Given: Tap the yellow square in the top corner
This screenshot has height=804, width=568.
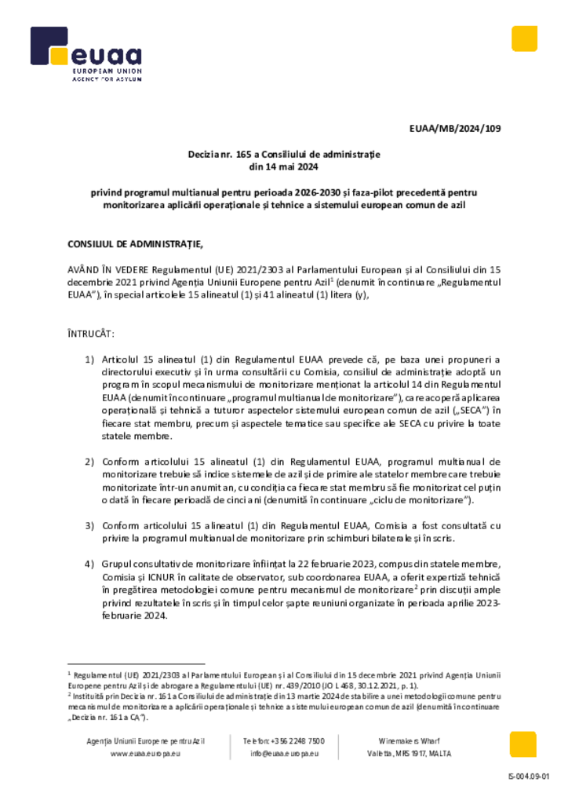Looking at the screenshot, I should [x=524, y=38].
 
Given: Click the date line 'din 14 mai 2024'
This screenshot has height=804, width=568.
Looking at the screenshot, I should [x=283, y=167].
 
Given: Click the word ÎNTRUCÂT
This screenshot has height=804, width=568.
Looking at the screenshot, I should [x=91, y=334].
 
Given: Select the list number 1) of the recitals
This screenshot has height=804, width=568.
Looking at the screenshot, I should [x=89, y=359].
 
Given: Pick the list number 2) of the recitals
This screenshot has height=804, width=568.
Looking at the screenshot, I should [x=89, y=461].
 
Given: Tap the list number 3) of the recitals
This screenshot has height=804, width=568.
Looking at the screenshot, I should [x=89, y=524].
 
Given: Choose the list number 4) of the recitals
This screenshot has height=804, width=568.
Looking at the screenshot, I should [x=89, y=564].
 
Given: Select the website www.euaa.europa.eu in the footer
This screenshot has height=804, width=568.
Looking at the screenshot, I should [x=146, y=753].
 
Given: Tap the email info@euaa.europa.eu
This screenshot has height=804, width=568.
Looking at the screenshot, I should [x=284, y=753].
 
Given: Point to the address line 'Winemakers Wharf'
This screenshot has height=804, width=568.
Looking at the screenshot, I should [x=407, y=740].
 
